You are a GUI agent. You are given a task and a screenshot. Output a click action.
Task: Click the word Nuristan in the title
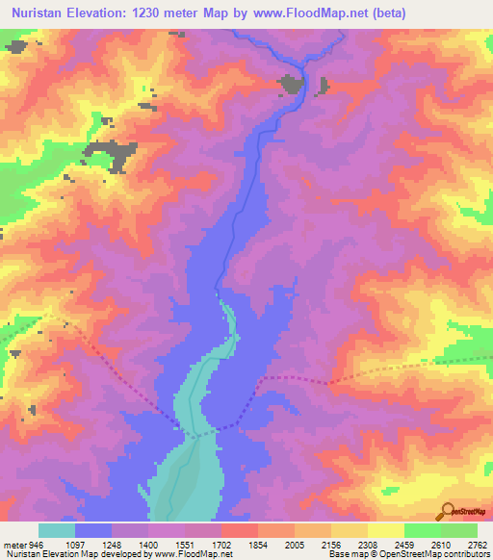[38, 13]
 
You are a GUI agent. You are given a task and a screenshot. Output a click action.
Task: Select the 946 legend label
[38, 546]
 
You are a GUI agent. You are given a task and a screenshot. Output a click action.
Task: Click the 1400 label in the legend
[148, 546]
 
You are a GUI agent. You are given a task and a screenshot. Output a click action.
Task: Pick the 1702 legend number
[221, 546]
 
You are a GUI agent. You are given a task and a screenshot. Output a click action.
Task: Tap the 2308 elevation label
[368, 546]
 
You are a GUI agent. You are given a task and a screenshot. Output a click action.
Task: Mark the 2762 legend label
[479, 546]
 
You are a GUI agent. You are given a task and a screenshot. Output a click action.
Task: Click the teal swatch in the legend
[57, 530]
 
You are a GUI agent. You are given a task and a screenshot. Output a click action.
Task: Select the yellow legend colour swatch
[385, 530]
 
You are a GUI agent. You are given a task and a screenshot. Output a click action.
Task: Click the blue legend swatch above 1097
[93, 530]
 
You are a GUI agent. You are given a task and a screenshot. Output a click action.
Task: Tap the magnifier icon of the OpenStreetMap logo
[447, 510]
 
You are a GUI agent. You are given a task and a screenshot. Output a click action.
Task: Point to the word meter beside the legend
[14, 546]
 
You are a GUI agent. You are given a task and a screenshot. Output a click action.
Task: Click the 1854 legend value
[258, 546]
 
